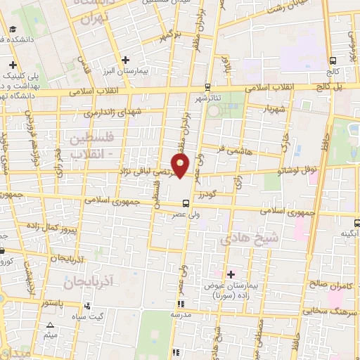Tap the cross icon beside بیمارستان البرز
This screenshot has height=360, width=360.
point(125,60)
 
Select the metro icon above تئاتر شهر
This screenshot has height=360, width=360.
point(207,87)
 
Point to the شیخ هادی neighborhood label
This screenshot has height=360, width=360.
point(250,239)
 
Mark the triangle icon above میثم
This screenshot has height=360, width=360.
point(50,326)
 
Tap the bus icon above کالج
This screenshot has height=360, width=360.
point(333,61)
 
